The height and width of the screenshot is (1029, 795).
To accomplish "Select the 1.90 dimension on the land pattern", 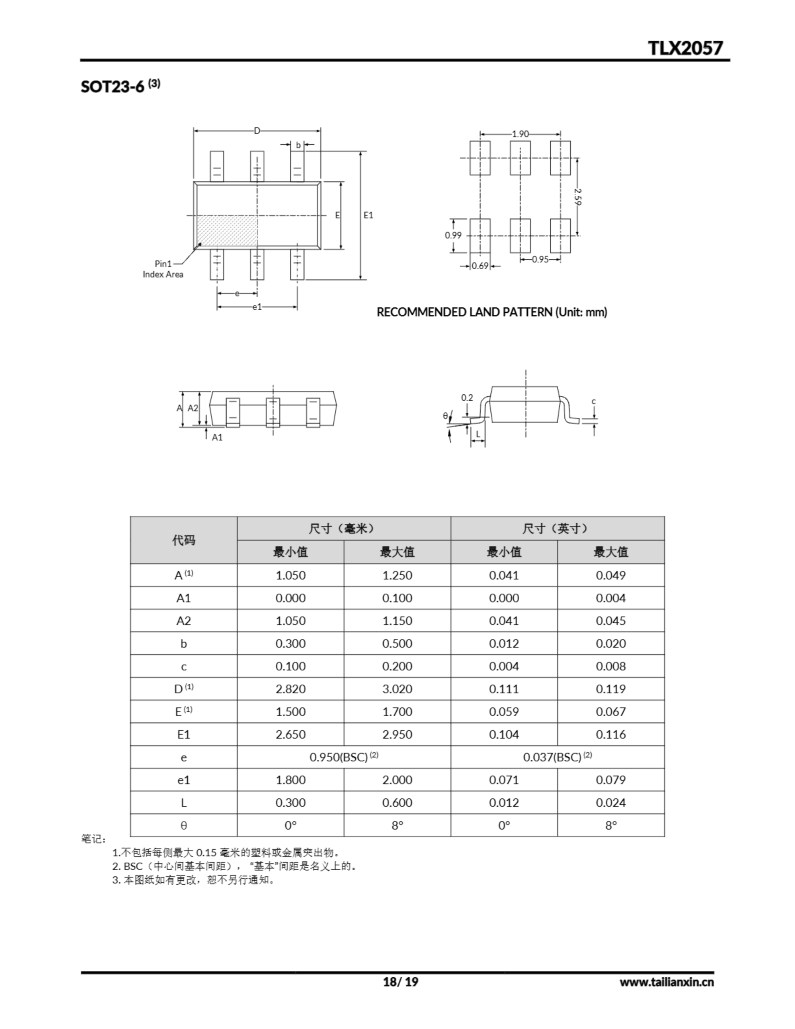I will coord(520,134).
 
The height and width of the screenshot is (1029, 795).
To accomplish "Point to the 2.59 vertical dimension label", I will coord(578,197).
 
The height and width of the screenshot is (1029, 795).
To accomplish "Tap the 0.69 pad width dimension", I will coord(480,266).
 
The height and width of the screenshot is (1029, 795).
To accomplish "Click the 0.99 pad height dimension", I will coord(453,235).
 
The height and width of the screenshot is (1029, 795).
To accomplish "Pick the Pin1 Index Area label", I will coord(163,269).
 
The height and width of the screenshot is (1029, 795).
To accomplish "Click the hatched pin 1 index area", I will coord(227,230).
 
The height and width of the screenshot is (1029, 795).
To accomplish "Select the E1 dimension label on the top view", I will coord(368,215).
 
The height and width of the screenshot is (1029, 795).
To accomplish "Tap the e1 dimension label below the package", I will coord(257,307).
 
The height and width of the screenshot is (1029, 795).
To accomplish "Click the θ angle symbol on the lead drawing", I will coord(445,416).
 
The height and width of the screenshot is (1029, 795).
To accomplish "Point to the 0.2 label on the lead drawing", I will coord(467,398).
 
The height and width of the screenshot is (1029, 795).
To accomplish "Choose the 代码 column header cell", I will coord(183,540).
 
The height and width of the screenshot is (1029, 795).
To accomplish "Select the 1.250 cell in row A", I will coord(397,575).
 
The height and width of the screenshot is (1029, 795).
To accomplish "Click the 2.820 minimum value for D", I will coord(290,689).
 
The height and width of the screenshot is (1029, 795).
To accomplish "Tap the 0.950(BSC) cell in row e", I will coord(344,757).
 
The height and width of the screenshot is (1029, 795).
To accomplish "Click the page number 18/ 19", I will coord(400,982).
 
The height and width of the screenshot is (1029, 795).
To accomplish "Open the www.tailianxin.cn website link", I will coord(666,982).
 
